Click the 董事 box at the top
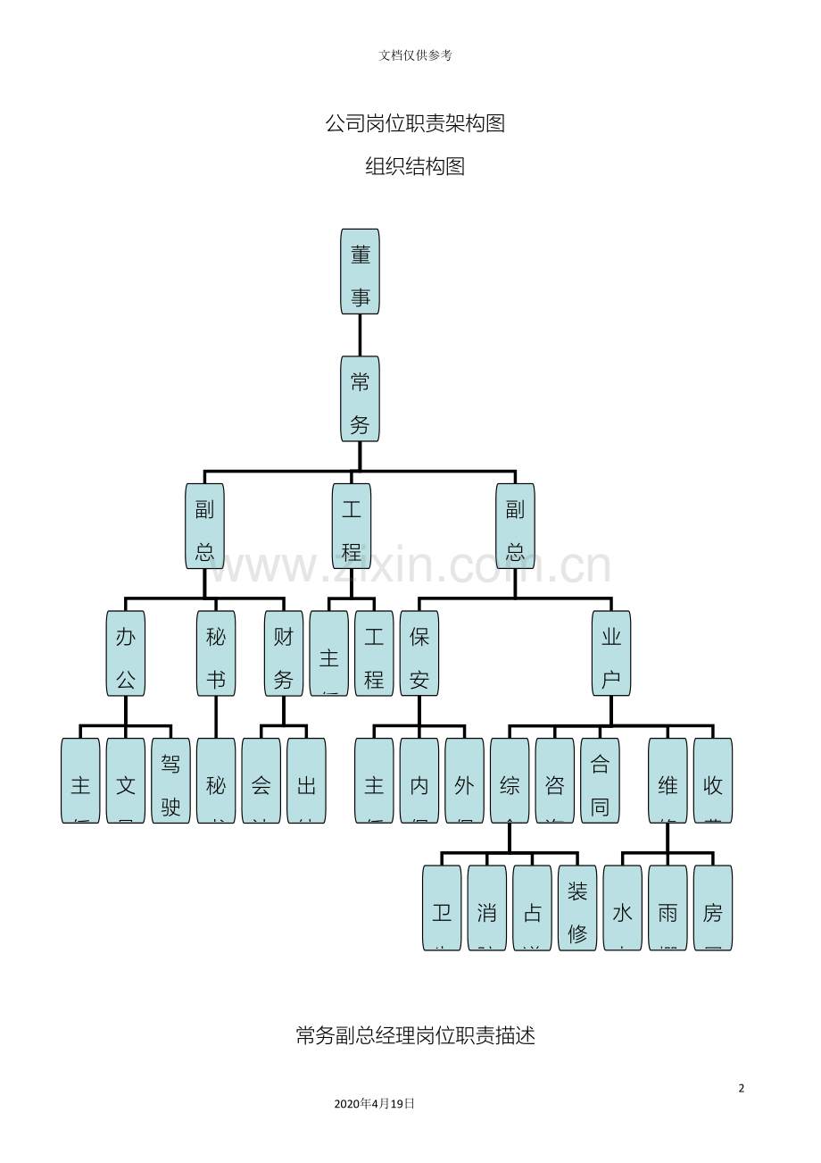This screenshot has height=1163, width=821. click(x=360, y=272)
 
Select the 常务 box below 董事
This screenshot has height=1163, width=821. click(x=360, y=398)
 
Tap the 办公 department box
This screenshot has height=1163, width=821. click(x=126, y=653)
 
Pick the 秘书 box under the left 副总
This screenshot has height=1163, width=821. click(x=216, y=653)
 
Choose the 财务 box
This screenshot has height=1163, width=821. click(x=284, y=653)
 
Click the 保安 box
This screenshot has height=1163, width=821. click(x=419, y=653)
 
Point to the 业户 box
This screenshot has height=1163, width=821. click(x=611, y=653)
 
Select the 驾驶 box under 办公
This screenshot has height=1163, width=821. click(x=170, y=780)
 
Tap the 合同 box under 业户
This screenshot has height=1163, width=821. click(x=600, y=780)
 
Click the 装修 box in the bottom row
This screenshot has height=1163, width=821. click(x=577, y=908)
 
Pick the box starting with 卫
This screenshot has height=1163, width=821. click(x=442, y=908)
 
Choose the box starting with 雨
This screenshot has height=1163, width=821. click(x=668, y=908)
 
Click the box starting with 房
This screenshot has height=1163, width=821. click(x=712, y=908)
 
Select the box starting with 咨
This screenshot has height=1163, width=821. click(x=554, y=780)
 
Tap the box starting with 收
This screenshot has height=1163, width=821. click(x=712, y=780)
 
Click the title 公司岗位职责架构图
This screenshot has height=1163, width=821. click(x=415, y=123)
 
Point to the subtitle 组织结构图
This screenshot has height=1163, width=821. click(x=415, y=166)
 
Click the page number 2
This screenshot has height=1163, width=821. click(x=741, y=1088)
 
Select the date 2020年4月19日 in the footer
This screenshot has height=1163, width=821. click(x=374, y=1103)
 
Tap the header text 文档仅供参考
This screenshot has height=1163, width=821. click(x=415, y=55)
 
